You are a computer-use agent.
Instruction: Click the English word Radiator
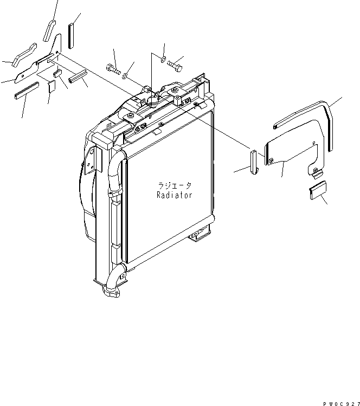pos(174,195)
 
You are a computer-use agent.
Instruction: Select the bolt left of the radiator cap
pos(112,69)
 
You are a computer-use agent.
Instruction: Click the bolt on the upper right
pos(175,65)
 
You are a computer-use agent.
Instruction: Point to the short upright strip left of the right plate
pos(253,161)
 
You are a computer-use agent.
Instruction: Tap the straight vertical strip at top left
pos(71,36)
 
